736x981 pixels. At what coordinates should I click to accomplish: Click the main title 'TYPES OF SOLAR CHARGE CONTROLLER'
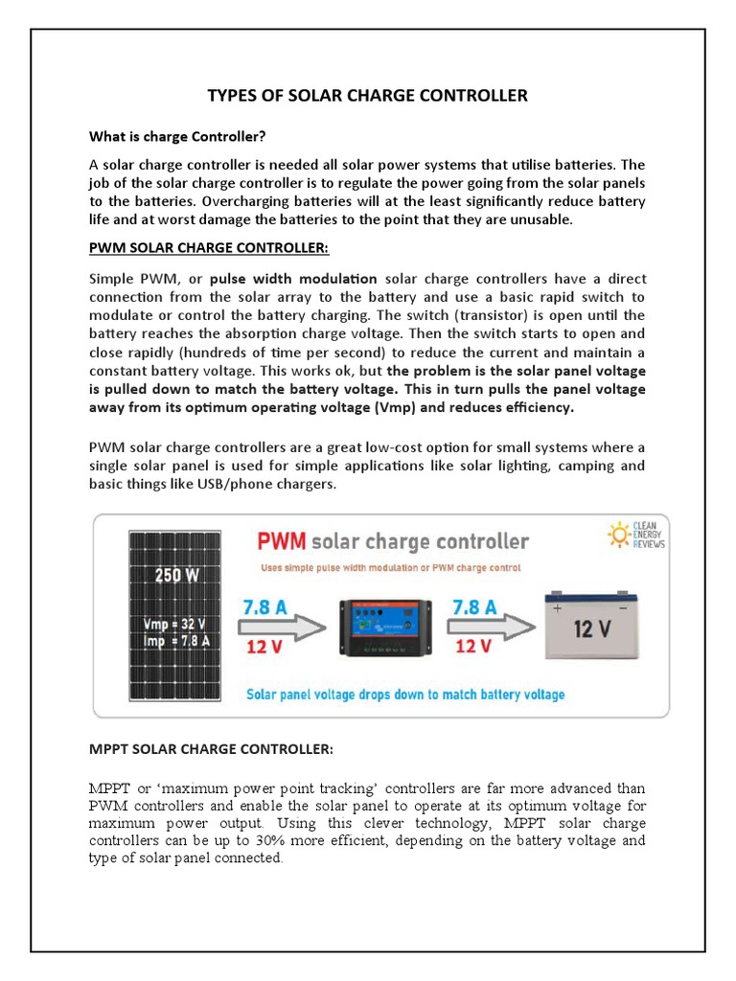click(x=368, y=96)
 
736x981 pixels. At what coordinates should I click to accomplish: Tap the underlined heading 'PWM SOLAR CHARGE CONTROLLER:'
click(x=208, y=248)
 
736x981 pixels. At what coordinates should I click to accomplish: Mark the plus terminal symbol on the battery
click(x=557, y=606)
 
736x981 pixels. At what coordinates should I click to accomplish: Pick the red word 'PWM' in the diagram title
click(x=281, y=541)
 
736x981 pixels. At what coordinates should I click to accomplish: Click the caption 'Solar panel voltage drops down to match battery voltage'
click(x=405, y=694)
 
